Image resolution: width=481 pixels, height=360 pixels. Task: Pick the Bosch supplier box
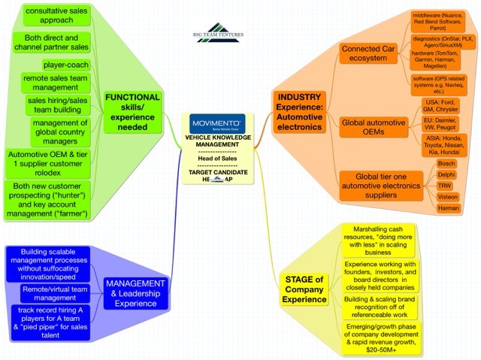click(x=446, y=162)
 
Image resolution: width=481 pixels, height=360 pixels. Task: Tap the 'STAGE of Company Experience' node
click(x=305, y=289)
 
